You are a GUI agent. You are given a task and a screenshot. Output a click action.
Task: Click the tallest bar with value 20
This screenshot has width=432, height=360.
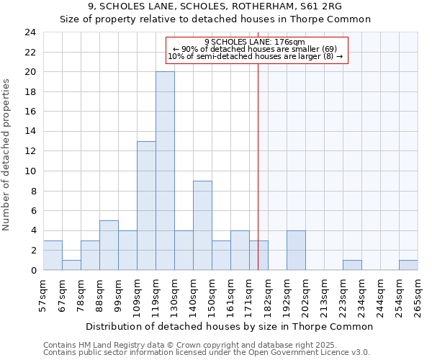tap(165, 171)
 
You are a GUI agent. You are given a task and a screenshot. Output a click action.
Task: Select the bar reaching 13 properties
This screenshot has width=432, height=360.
tap(146, 205)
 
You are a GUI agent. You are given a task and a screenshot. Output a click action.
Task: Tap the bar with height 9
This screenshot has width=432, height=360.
tap(202, 225)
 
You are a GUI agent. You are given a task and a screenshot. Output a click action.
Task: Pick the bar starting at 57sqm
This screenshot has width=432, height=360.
tap(53, 255)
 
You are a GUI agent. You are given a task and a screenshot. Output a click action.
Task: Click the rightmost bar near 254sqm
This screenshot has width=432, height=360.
tap(408, 265)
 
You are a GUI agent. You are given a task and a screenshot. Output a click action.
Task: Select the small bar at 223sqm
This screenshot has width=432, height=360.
tap(352, 265)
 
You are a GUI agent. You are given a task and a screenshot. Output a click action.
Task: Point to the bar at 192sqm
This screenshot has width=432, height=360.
tap(296, 250)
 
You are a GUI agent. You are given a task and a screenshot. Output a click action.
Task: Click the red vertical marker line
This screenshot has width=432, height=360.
tap(258, 180)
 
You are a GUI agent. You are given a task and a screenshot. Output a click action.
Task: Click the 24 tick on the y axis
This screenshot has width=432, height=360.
tap(30, 32)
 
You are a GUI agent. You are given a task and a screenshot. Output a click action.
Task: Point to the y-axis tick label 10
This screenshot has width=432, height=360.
tap(30, 171)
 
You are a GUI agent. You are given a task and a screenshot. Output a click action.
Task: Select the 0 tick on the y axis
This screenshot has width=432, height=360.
tap(33, 270)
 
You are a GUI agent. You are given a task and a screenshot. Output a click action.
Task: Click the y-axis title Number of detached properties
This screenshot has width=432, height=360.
tap(7, 155)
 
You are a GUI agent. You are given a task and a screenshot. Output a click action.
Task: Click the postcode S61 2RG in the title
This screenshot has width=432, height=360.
tap(320, 6)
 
